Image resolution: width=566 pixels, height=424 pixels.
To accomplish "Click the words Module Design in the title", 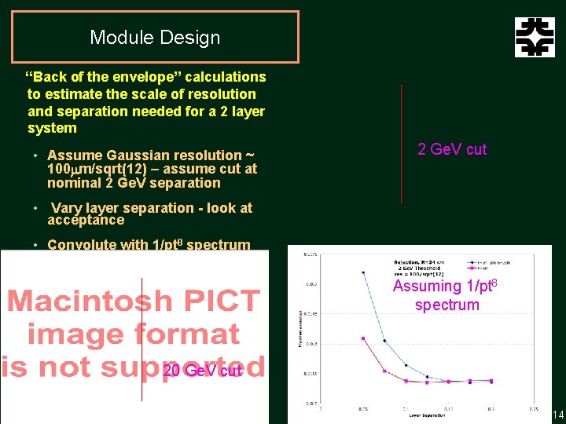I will point(155,37).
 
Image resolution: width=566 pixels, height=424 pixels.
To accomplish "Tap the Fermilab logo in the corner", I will point(535,37).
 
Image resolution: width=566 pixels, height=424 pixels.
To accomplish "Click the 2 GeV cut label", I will point(452,149).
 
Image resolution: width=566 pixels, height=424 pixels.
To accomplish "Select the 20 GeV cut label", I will point(201,371).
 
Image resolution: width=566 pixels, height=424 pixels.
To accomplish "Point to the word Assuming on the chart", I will point(427,286).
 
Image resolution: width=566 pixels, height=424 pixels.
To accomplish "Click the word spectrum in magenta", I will point(447,305).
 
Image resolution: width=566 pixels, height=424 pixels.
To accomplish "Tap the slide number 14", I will point(558,415).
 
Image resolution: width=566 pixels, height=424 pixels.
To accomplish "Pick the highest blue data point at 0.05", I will point(362,272).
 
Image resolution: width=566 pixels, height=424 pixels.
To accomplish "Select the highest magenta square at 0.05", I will point(362,338).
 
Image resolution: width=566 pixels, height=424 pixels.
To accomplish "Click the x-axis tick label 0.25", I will point(533,408).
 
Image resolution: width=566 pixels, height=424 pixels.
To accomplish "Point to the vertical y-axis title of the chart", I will point(300,330).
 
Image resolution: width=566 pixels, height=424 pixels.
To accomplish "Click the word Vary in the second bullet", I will point(66,208).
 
